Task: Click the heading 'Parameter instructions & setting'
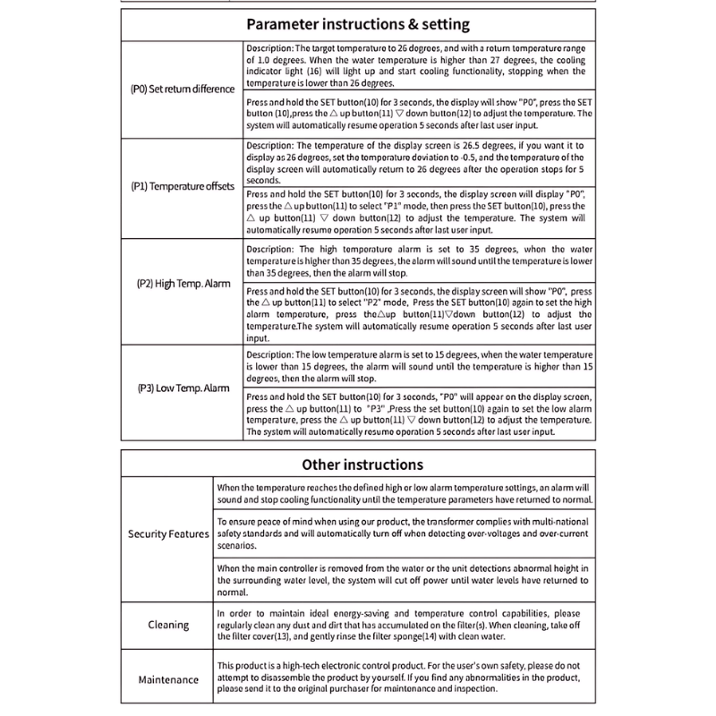click(x=358, y=25)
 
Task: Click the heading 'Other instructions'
click(x=362, y=465)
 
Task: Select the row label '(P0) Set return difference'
click(x=183, y=89)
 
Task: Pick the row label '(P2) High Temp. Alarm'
click(x=183, y=284)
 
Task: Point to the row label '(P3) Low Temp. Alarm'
click(x=183, y=388)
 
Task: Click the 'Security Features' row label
click(x=168, y=533)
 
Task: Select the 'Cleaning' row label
click(x=168, y=626)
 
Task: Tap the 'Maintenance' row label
click(x=168, y=679)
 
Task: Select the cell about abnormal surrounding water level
click(x=405, y=579)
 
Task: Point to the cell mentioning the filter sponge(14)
click(x=405, y=624)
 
